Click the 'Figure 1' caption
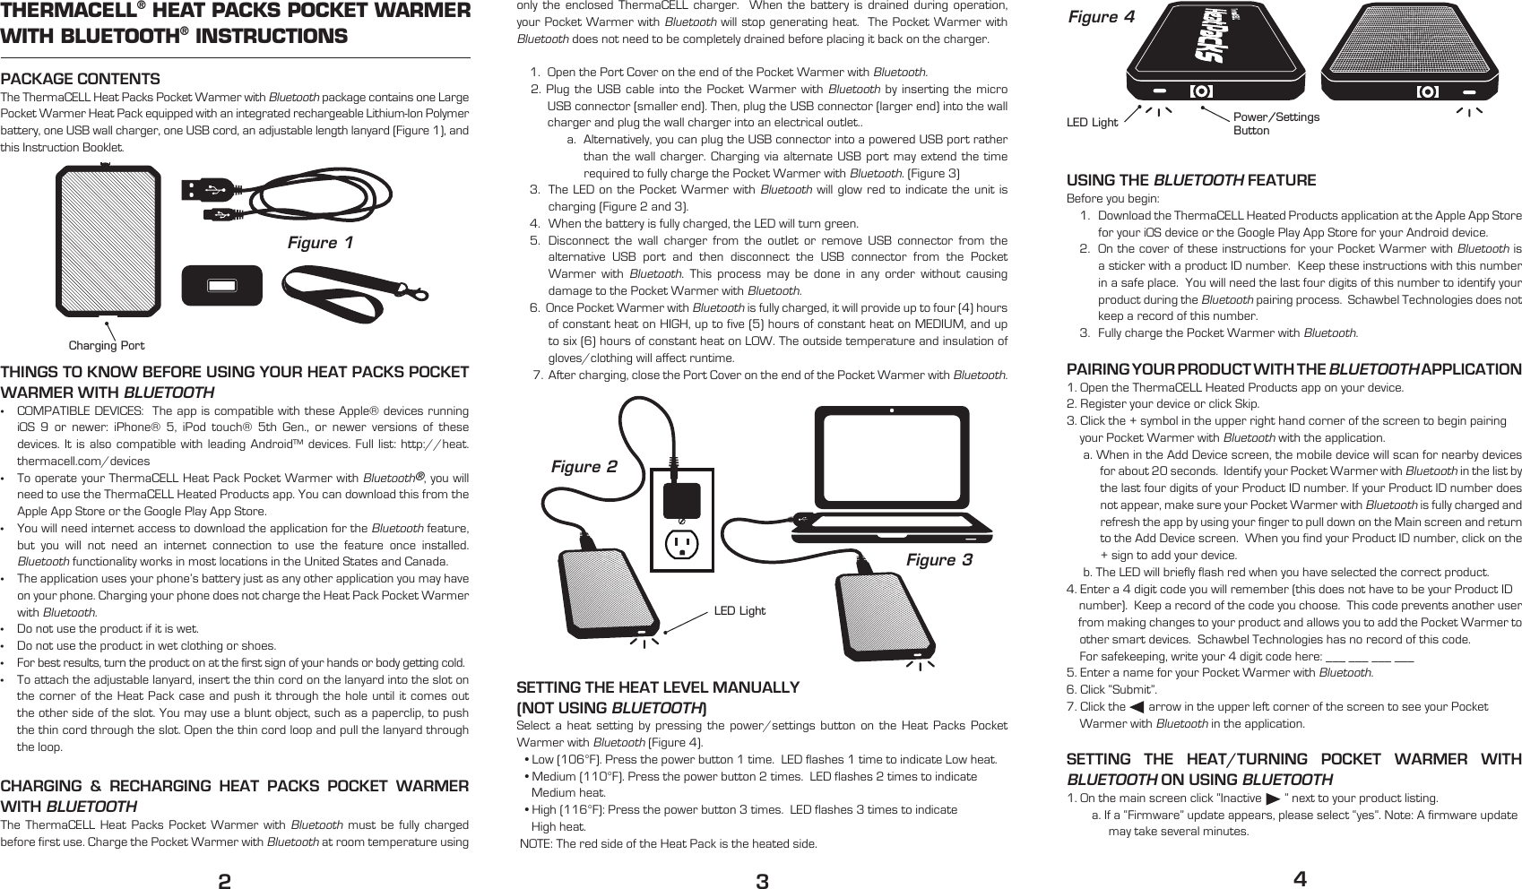pyautogui.click(x=320, y=243)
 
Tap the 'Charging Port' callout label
pyautogui.click(x=107, y=345)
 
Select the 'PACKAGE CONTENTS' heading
pyautogui.click(x=81, y=79)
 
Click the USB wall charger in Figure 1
pyautogui.click(x=221, y=285)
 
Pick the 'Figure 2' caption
pyautogui.click(x=584, y=467)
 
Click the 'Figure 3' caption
pyautogui.click(x=938, y=560)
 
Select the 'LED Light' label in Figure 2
pyautogui.click(x=739, y=611)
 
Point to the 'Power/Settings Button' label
pyautogui.click(x=1276, y=124)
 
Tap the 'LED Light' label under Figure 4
pyautogui.click(x=1092, y=123)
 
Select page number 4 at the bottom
pyautogui.click(x=1299, y=879)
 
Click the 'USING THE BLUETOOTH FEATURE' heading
pyautogui.click(x=1190, y=180)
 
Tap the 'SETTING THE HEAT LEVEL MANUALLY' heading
pyautogui.click(x=658, y=687)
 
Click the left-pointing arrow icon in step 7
pyautogui.click(x=1137, y=708)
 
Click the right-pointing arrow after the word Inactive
pyautogui.click(x=1272, y=798)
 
